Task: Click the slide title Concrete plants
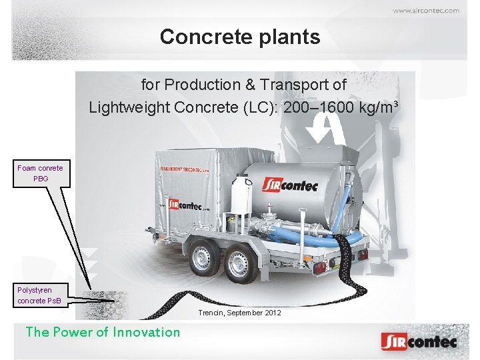tap(240, 37)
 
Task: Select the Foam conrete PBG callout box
tap(40, 173)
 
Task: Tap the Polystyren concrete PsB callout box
tap(39, 295)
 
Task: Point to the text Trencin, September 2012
tap(239, 313)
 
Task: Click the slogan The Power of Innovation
tap(103, 332)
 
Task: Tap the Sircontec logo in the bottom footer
tap(419, 341)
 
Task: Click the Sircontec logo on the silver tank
tap(289, 185)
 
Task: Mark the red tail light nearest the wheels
tap(320, 267)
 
